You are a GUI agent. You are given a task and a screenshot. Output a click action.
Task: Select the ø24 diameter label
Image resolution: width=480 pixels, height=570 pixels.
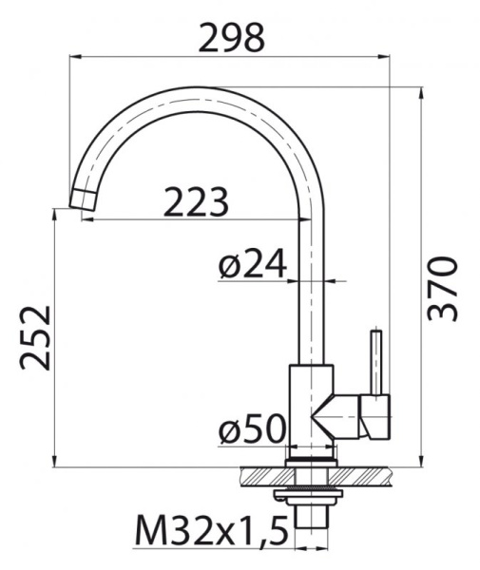pyautogui.click(x=252, y=266)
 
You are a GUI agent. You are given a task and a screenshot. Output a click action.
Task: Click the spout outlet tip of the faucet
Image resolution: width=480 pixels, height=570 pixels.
pyautogui.click(x=84, y=200)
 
